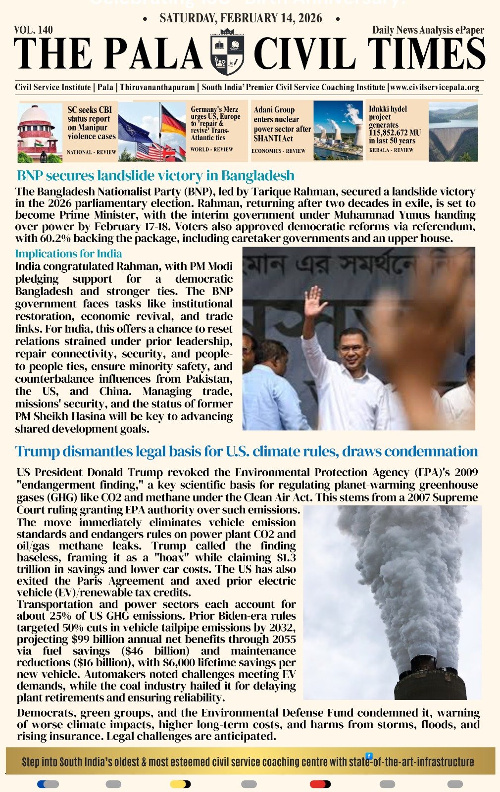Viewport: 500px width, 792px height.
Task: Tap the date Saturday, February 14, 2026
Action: coord(241,19)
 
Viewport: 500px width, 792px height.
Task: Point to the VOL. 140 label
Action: coord(34,30)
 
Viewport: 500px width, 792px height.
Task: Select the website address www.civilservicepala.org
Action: coord(435,87)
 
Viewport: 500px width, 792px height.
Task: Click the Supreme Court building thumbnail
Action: coord(40,133)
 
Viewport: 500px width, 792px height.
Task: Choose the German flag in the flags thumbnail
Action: coord(173,122)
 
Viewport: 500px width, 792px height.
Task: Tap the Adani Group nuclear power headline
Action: coord(282,124)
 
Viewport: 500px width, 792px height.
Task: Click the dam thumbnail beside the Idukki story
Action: coord(453,132)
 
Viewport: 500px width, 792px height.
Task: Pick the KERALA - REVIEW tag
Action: coord(391,150)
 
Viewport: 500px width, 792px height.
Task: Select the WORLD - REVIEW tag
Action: coord(211,149)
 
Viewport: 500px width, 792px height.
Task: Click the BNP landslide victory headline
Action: coord(155,176)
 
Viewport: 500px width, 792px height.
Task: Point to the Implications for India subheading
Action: coord(68,253)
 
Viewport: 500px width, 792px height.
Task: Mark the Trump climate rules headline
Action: coord(247,451)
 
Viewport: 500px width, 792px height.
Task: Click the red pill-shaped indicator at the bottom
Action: coord(320,784)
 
